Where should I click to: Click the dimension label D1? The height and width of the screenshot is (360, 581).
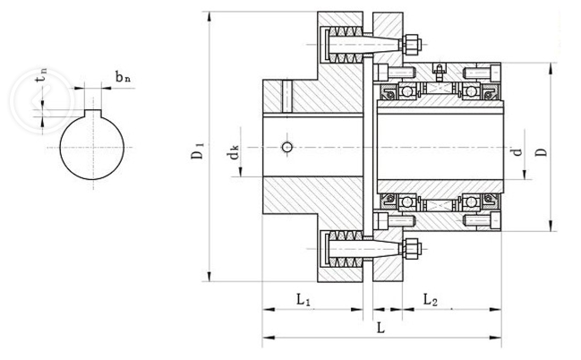[198, 151]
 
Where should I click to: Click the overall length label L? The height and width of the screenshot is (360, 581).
[380, 329]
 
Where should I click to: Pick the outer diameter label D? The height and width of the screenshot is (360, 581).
[541, 152]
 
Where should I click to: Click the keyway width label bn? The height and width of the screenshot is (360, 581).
[123, 78]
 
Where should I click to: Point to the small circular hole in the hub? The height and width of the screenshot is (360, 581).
[285, 147]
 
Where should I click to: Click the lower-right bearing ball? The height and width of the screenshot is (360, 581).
[470, 203]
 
